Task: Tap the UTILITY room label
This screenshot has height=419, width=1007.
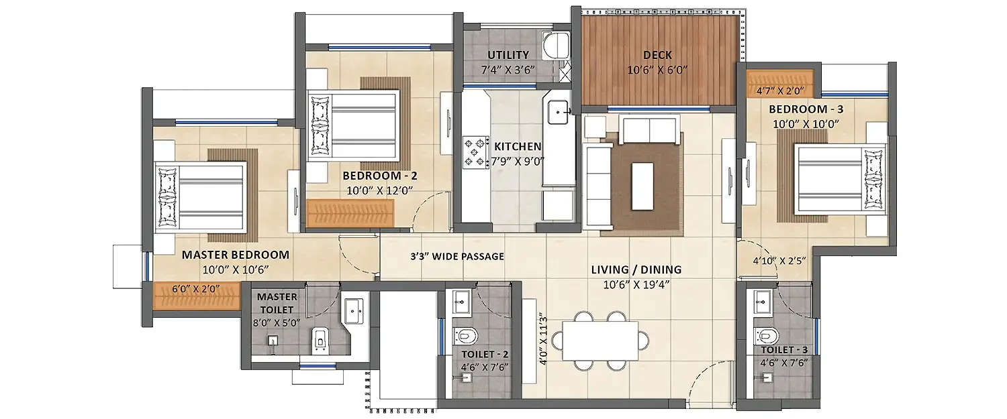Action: click(508, 55)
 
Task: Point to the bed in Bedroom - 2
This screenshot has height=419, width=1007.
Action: click(354, 126)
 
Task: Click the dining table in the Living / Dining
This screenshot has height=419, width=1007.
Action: click(600, 341)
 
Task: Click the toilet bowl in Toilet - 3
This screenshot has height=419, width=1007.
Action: click(765, 333)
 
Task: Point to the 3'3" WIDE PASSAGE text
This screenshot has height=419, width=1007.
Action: click(457, 256)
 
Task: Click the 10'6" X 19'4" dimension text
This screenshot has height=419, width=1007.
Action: click(636, 284)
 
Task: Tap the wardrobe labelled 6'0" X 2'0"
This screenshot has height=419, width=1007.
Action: click(197, 295)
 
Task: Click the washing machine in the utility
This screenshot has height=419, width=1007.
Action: click(555, 45)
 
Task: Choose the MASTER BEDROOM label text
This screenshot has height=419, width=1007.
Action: click(236, 255)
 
